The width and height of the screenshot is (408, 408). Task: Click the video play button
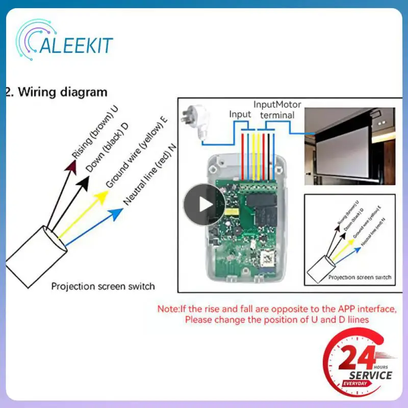tap(204, 205)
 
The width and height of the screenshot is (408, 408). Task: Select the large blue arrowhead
tap(116, 214)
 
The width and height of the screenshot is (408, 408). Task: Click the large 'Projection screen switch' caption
tap(103, 286)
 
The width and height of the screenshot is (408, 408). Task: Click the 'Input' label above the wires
tap(240, 114)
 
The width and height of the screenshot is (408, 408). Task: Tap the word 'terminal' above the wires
tap(277, 115)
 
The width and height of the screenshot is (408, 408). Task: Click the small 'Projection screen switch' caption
tap(360, 277)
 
